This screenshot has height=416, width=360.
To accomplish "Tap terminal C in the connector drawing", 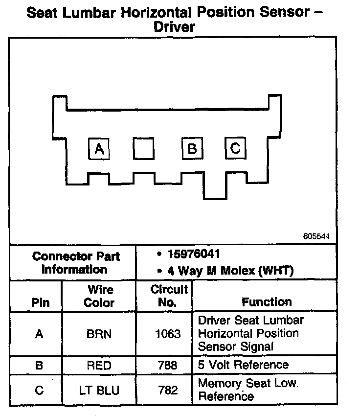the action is tap(235, 147).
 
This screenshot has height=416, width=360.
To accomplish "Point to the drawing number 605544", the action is tap(316, 236).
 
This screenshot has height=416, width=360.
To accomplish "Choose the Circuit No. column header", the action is tap(168, 296).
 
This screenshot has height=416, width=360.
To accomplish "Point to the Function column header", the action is tap(267, 302).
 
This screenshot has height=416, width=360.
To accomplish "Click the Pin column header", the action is tap(41, 302).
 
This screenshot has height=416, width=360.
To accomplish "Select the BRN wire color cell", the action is tap(99, 334).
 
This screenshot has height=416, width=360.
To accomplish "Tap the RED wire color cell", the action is tap(99, 366).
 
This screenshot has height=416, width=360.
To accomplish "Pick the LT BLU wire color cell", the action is tap(99, 390).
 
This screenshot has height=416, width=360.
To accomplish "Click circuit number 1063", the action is tap(168, 334).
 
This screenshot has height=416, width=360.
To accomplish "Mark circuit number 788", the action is tap(168, 366).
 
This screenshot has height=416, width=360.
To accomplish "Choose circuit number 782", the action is tap(168, 390).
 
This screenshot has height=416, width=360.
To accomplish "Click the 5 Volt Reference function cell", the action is tap(243, 365).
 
